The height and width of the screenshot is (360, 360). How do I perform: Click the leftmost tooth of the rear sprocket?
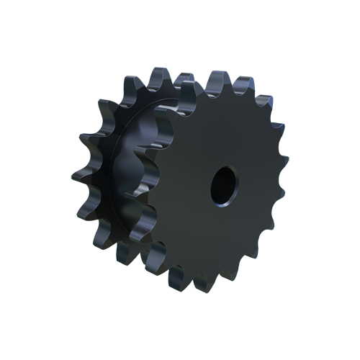click(80, 173)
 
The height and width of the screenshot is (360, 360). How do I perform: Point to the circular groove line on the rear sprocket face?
click(116, 173)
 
